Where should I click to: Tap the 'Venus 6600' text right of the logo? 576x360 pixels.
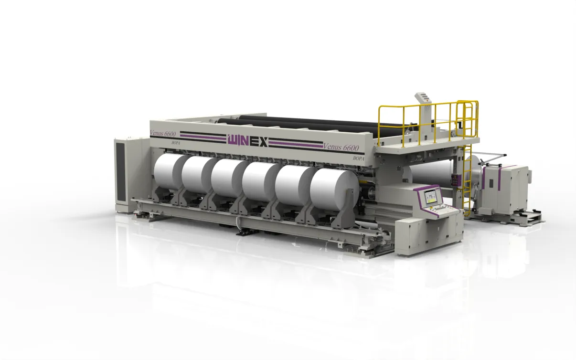[x=341, y=148]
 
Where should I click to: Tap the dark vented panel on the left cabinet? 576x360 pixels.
[x=120, y=172]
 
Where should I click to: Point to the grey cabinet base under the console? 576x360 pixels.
[x=427, y=234]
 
